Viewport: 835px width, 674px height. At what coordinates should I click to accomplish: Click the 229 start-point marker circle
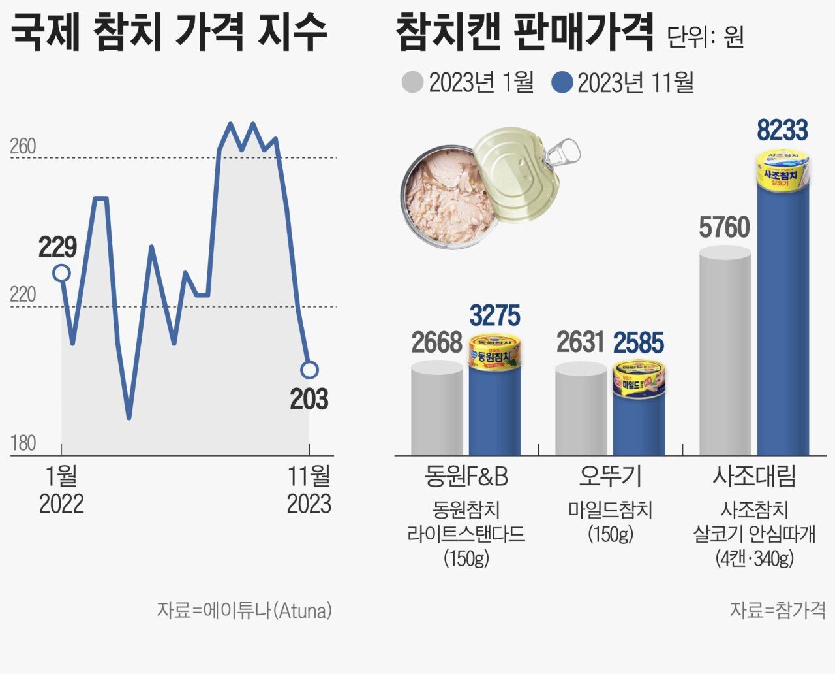coord(61,273)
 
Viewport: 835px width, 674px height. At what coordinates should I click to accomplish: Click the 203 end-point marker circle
coord(309,370)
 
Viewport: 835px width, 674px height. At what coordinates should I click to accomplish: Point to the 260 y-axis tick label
coord(23,146)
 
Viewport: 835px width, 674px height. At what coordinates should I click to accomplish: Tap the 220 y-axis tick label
coord(23,295)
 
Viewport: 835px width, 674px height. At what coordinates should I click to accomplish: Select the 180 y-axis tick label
coord(23,443)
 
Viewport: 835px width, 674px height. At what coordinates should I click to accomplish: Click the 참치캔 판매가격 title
coord(524,33)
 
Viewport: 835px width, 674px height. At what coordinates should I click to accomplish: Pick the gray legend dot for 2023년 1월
coord(412,83)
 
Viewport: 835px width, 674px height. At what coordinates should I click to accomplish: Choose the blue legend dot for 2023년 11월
coord(561,83)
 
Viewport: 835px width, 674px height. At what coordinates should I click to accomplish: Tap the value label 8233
coord(782,131)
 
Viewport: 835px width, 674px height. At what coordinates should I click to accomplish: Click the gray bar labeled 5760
coord(725,353)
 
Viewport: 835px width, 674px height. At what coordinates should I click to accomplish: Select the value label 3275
coord(494,316)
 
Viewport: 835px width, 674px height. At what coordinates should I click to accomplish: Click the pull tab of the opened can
coord(563,153)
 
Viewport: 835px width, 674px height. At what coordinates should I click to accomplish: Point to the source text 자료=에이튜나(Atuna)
coord(244,611)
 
